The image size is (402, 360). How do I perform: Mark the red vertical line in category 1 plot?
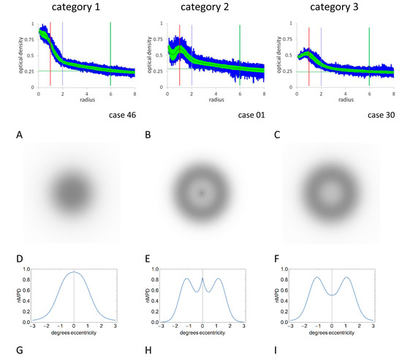coord(50,66)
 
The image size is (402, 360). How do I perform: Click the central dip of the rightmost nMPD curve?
coord(331,295)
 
